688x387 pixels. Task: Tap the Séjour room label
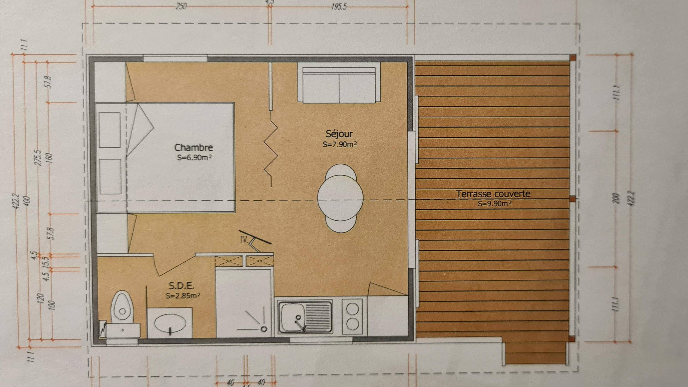pyautogui.click(x=339, y=134)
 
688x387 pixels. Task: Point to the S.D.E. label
pyautogui.click(x=181, y=286)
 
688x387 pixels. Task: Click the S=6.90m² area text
pyautogui.click(x=194, y=158)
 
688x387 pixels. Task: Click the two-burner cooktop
pyautogui.click(x=352, y=317)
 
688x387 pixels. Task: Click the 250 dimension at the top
pyautogui.click(x=181, y=6)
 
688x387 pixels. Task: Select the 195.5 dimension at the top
pyautogui.click(x=339, y=7)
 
